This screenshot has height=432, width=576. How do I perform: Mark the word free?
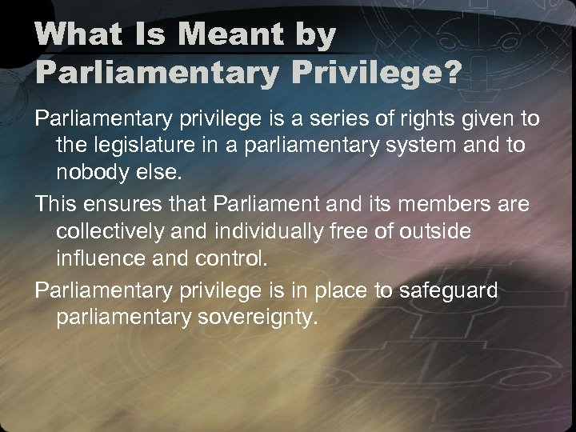(352, 231)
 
